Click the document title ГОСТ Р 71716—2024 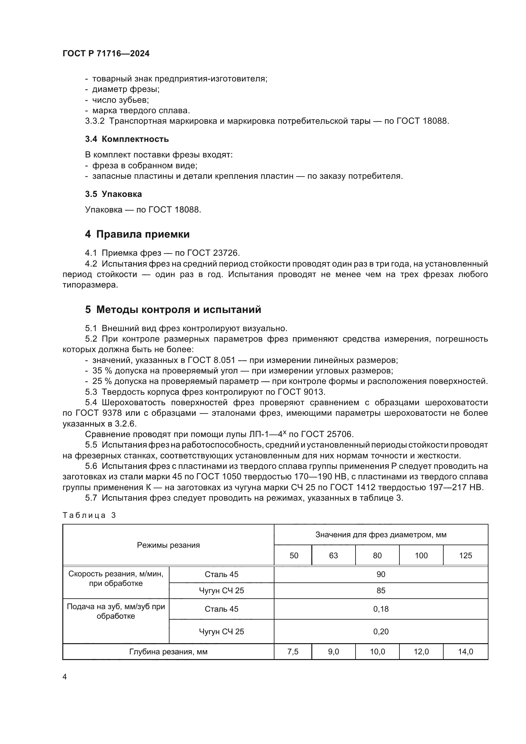tap(106, 54)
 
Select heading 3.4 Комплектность tap(127, 139)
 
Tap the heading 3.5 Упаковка tap(113, 194)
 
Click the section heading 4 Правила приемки tap(137, 234)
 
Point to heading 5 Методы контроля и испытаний tap(173, 309)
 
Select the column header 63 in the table tap(333, 555)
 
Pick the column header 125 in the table tap(465, 555)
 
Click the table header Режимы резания tap(168, 545)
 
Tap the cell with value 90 tap(381, 574)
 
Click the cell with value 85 tap(381, 590)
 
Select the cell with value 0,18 tap(381, 609)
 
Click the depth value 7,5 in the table tap(293, 652)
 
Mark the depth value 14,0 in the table tap(465, 652)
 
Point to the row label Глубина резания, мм tap(168, 652)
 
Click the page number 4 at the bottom tap(65, 677)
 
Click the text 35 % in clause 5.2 tap(102, 371)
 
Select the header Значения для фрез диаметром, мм tap(381, 535)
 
